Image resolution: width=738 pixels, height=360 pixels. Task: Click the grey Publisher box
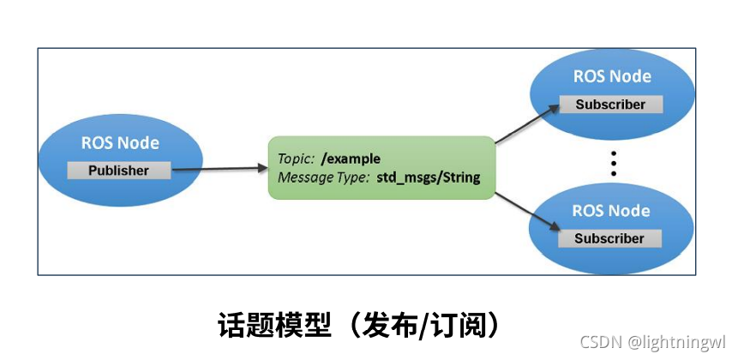click(x=119, y=170)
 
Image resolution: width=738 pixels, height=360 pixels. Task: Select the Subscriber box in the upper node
click(x=610, y=105)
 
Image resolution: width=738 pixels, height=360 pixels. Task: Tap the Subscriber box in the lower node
click(x=609, y=238)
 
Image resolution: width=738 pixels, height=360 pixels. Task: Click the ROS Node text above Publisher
click(x=120, y=143)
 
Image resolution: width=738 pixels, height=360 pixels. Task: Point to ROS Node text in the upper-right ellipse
click(x=612, y=76)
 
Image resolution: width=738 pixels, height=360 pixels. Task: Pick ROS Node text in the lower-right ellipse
click(x=611, y=211)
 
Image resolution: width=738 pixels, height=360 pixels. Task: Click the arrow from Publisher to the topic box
click(x=219, y=169)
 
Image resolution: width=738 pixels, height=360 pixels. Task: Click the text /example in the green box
click(x=351, y=159)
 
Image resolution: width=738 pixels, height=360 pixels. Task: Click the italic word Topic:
click(x=296, y=159)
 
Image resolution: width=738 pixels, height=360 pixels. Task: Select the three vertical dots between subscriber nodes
click(x=614, y=163)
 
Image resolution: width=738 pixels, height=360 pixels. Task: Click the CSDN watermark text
click(x=600, y=341)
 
